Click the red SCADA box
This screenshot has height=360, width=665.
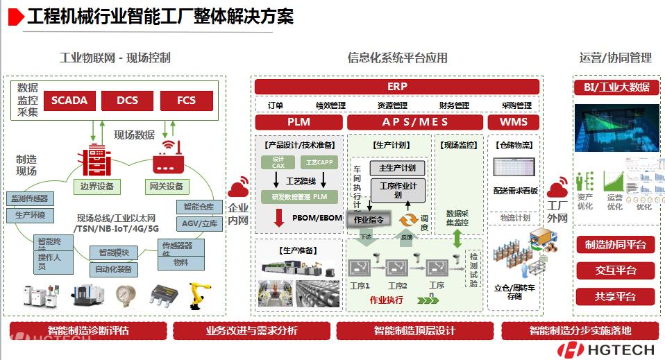(69, 101)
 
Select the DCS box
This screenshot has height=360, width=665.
(127, 101)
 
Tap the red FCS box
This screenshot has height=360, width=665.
(186, 101)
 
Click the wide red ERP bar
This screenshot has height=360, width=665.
(397, 87)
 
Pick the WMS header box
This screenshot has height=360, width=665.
(514, 122)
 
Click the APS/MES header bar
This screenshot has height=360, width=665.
(415, 122)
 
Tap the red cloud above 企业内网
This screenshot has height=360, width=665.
(238, 187)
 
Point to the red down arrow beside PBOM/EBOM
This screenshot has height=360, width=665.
(279, 218)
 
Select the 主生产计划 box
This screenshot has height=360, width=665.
(397, 169)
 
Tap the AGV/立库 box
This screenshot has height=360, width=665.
(200, 223)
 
